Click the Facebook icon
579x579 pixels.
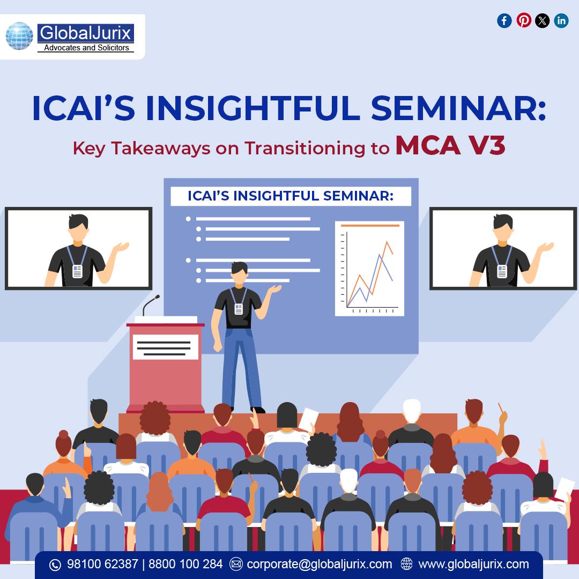pyautogui.click(x=504, y=21)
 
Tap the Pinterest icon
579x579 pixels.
pyautogui.click(x=524, y=20)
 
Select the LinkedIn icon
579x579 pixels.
pyautogui.click(x=561, y=21)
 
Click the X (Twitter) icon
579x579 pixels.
pyautogui.click(x=542, y=21)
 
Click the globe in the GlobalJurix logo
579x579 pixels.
pyautogui.click(x=19, y=36)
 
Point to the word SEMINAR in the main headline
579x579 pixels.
pyautogui.click(x=458, y=108)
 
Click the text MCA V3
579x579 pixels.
pyautogui.click(x=450, y=146)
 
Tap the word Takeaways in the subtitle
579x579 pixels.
pyautogui.click(x=161, y=149)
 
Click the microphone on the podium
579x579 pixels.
pyautogui.click(x=150, y=305)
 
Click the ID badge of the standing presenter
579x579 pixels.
pyautogui.click(x=239, y=309)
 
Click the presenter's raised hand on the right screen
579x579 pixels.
pyautogui.click(x=545, y=247)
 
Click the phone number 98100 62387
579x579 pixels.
pyautogui.click(x=102, y=564)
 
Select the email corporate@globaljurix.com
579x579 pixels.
pyautogui.click(x=320, y=564)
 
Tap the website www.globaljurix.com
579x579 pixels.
pyautogui.click(x=473, y=564)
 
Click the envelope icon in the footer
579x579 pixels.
pyautogui.click(x=236, y=564)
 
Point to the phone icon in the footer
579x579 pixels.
pyautogui.click(x=55, y=565)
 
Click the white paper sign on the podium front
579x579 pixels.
pyautogui.click(x=166, y=347)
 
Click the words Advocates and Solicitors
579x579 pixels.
pyautogui.click(x=86, y=48)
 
